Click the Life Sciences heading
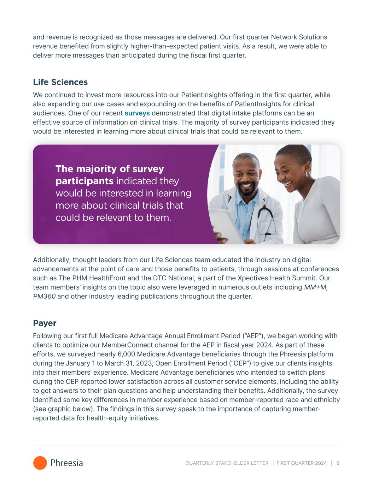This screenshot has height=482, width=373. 60,82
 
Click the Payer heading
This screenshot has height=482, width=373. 45,323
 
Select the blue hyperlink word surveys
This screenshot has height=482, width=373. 137,113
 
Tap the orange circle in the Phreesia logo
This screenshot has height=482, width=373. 40,463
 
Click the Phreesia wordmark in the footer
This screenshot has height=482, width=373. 66,463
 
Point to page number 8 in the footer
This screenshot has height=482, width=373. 338,463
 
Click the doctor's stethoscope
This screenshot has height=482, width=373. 265,219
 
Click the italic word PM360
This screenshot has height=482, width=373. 44,296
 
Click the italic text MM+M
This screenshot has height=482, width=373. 315,287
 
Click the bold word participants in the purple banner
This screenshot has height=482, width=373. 84,181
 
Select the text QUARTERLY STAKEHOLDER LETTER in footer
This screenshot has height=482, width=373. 227,463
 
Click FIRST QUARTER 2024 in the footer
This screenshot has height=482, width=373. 302,463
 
